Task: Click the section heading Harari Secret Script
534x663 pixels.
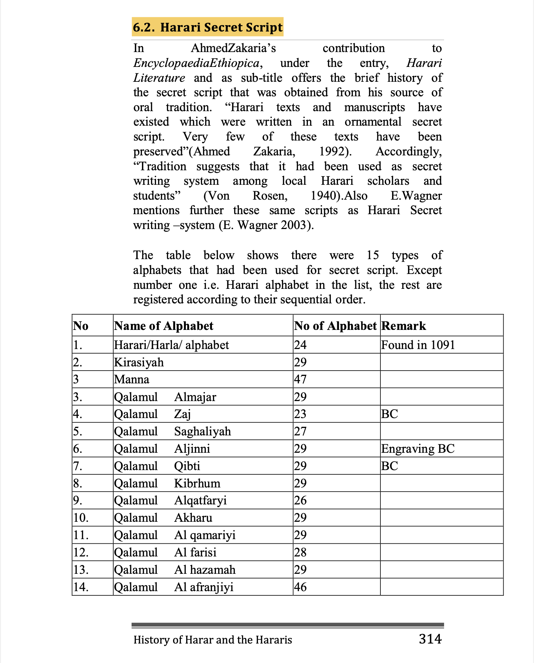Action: [208, 27]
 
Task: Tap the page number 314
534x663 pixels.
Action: [430, 639]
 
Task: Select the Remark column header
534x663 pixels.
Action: [404, 326]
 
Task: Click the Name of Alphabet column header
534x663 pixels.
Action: [163, 326]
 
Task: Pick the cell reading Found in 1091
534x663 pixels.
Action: [418, 345]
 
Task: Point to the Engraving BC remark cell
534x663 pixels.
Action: [418, 448]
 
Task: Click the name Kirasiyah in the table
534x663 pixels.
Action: [139, 362]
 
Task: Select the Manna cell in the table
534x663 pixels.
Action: [132, 379]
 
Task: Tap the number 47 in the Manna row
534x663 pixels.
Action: [300, 379]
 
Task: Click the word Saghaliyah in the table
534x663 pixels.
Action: [202, 431]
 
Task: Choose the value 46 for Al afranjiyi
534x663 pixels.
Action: [300, 587]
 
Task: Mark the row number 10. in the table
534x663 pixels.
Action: [81, 518]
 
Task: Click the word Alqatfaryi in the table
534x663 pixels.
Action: [200, 500]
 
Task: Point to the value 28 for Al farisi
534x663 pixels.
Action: [300, 552]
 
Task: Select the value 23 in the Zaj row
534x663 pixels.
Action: [300, 414]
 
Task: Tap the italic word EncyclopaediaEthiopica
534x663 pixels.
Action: [196, 63]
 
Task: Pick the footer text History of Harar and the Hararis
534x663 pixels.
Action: [213, 640]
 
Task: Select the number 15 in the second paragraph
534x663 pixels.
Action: [373, 255]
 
